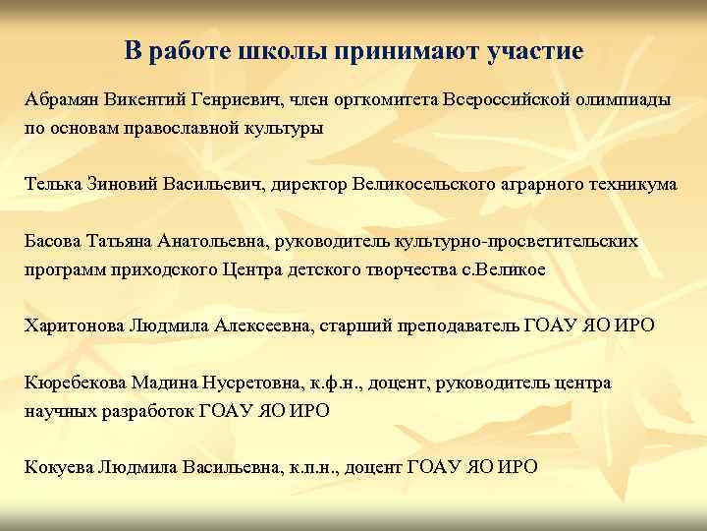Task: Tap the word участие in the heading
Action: click(535, 50)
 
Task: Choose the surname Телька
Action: click(52, 184)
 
